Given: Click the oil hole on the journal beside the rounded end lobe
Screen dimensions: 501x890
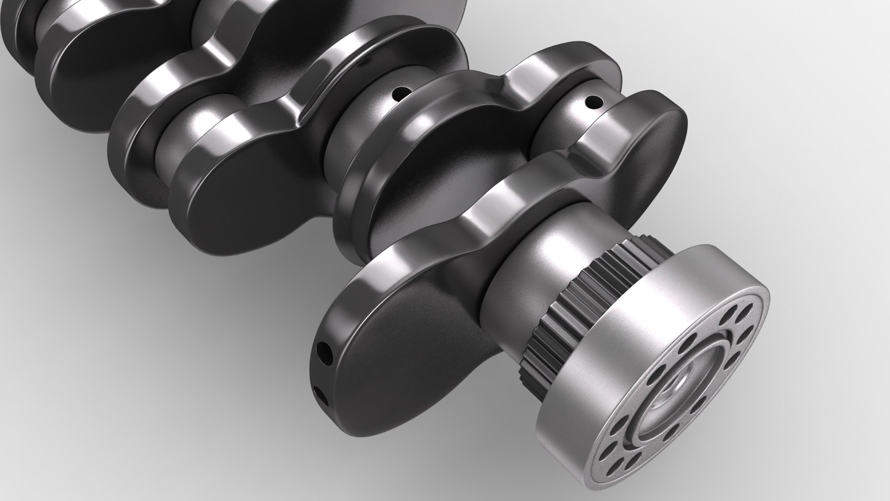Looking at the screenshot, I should click(x=592, y=100).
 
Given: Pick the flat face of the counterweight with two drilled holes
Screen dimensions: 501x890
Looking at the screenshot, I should click(x=408, y=371).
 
